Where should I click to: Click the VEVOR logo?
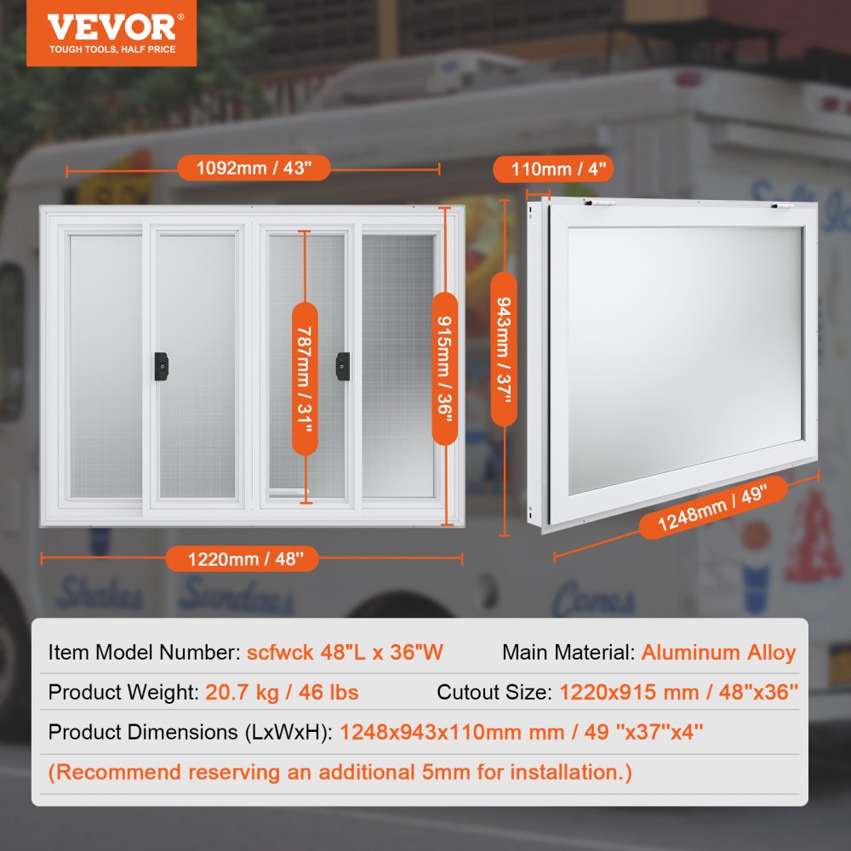coord(111,32)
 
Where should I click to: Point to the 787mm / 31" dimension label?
coord(305,378)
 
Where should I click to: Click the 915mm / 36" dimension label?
coord(444,368)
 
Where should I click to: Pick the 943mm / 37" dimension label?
coord(504,349)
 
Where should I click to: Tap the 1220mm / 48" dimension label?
coord(242,558)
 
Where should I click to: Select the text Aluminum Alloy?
coord(718,653)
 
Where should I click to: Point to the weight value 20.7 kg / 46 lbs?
coord(282,692)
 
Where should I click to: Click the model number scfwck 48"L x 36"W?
coord(345,653)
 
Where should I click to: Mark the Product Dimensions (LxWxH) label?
coord(190,732)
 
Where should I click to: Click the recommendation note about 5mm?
coord(340,772)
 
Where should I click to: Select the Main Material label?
coord(568,653)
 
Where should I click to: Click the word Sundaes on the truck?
coord(236,595)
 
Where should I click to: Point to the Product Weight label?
coord(123,692)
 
